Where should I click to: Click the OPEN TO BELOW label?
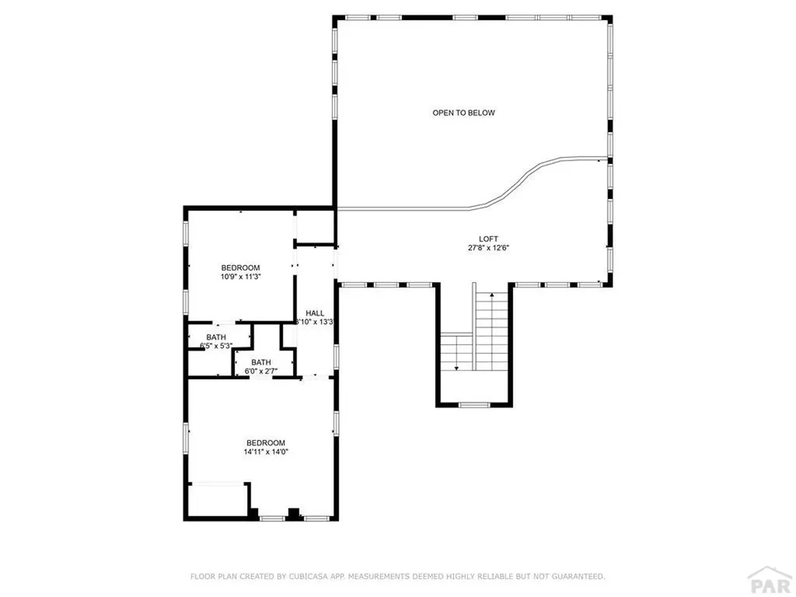tap(463, 113)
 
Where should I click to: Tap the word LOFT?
tap(488, 239)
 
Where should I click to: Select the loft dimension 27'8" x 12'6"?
tap(488, 249)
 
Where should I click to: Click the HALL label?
tap(315, 312)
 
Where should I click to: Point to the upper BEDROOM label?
tap(240, 267)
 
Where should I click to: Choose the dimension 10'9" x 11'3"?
tap(240, 277)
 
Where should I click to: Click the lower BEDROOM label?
tap(266, 442)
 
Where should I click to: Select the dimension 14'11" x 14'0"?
tap(266, 452)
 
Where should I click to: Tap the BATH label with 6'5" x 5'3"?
tap(216, 337)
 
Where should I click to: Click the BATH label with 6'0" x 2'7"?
tap(260, 361)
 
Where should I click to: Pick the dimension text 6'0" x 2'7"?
tap(260, 372)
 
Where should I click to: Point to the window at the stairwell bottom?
tap(474, 405)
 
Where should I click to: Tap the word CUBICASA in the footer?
tap(311, 576)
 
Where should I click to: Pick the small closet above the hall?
tap(314, 225)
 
